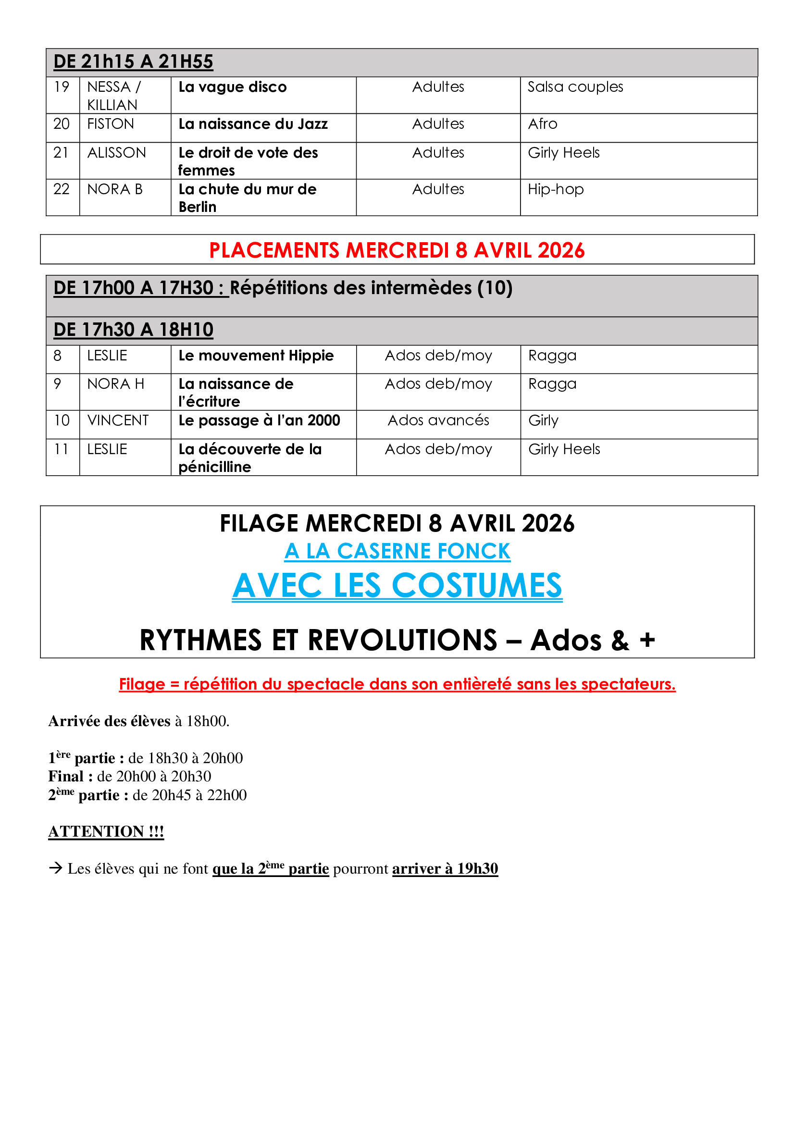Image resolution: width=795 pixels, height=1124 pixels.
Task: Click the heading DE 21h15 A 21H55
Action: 133,62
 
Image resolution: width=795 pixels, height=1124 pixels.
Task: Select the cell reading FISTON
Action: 111,124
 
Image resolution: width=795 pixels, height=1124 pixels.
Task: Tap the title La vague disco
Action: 233,87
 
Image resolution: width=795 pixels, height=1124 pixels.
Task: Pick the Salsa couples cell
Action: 575,87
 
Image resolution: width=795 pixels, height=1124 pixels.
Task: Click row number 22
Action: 61,189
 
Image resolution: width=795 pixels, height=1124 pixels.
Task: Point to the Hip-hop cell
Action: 556,189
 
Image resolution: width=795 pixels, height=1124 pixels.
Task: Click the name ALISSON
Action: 116,153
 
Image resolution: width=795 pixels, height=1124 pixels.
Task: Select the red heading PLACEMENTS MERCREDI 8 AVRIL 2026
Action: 397,250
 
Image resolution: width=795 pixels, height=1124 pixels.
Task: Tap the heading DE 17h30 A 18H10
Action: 133,330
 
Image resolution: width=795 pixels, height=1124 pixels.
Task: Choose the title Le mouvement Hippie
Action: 256,356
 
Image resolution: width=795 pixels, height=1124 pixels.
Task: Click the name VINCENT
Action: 117,420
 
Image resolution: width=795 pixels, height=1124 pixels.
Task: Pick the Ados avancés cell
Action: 438,420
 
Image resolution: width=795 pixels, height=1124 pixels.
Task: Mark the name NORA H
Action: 115,384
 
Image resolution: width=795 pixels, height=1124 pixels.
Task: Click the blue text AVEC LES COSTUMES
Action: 397,585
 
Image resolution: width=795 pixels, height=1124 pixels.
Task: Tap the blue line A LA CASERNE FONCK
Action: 397,551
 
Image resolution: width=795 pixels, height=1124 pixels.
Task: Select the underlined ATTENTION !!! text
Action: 106,831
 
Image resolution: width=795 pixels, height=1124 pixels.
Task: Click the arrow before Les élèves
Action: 56,868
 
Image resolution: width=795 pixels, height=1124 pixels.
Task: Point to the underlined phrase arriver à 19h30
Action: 445,868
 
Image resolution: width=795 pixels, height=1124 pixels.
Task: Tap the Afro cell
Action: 542,124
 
